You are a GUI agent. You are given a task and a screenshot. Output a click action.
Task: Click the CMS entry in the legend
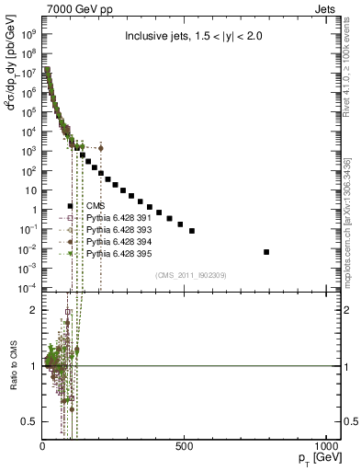click(x=96, y=207)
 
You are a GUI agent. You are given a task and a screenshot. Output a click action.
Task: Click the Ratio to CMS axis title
click(x=13, y=366)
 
